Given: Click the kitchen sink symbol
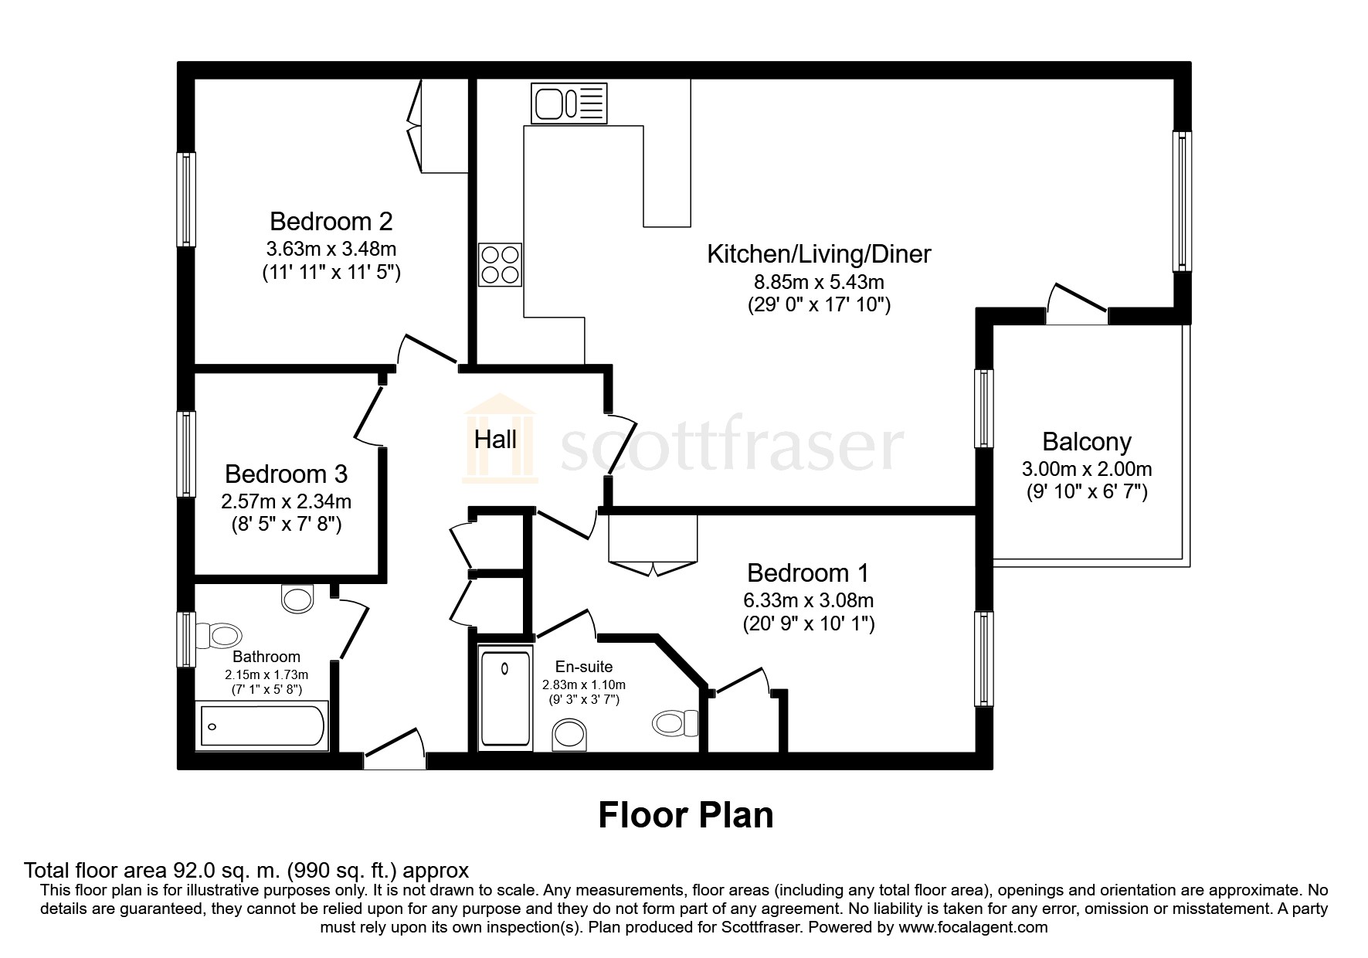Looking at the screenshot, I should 569,104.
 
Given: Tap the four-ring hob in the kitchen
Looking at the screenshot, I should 501,264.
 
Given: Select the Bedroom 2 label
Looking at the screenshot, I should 331,222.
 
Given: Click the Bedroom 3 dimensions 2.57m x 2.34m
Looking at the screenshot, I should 286,501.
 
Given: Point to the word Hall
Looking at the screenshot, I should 495,440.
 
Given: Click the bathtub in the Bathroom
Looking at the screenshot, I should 263,725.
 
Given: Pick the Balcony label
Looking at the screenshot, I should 1086,442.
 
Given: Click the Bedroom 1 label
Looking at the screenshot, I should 807,573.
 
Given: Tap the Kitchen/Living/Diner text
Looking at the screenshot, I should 819,253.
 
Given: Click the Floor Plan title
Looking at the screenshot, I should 685,816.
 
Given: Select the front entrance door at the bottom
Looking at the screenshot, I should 395,748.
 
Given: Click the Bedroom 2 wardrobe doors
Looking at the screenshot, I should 415,126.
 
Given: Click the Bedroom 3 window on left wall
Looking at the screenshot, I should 186,454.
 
